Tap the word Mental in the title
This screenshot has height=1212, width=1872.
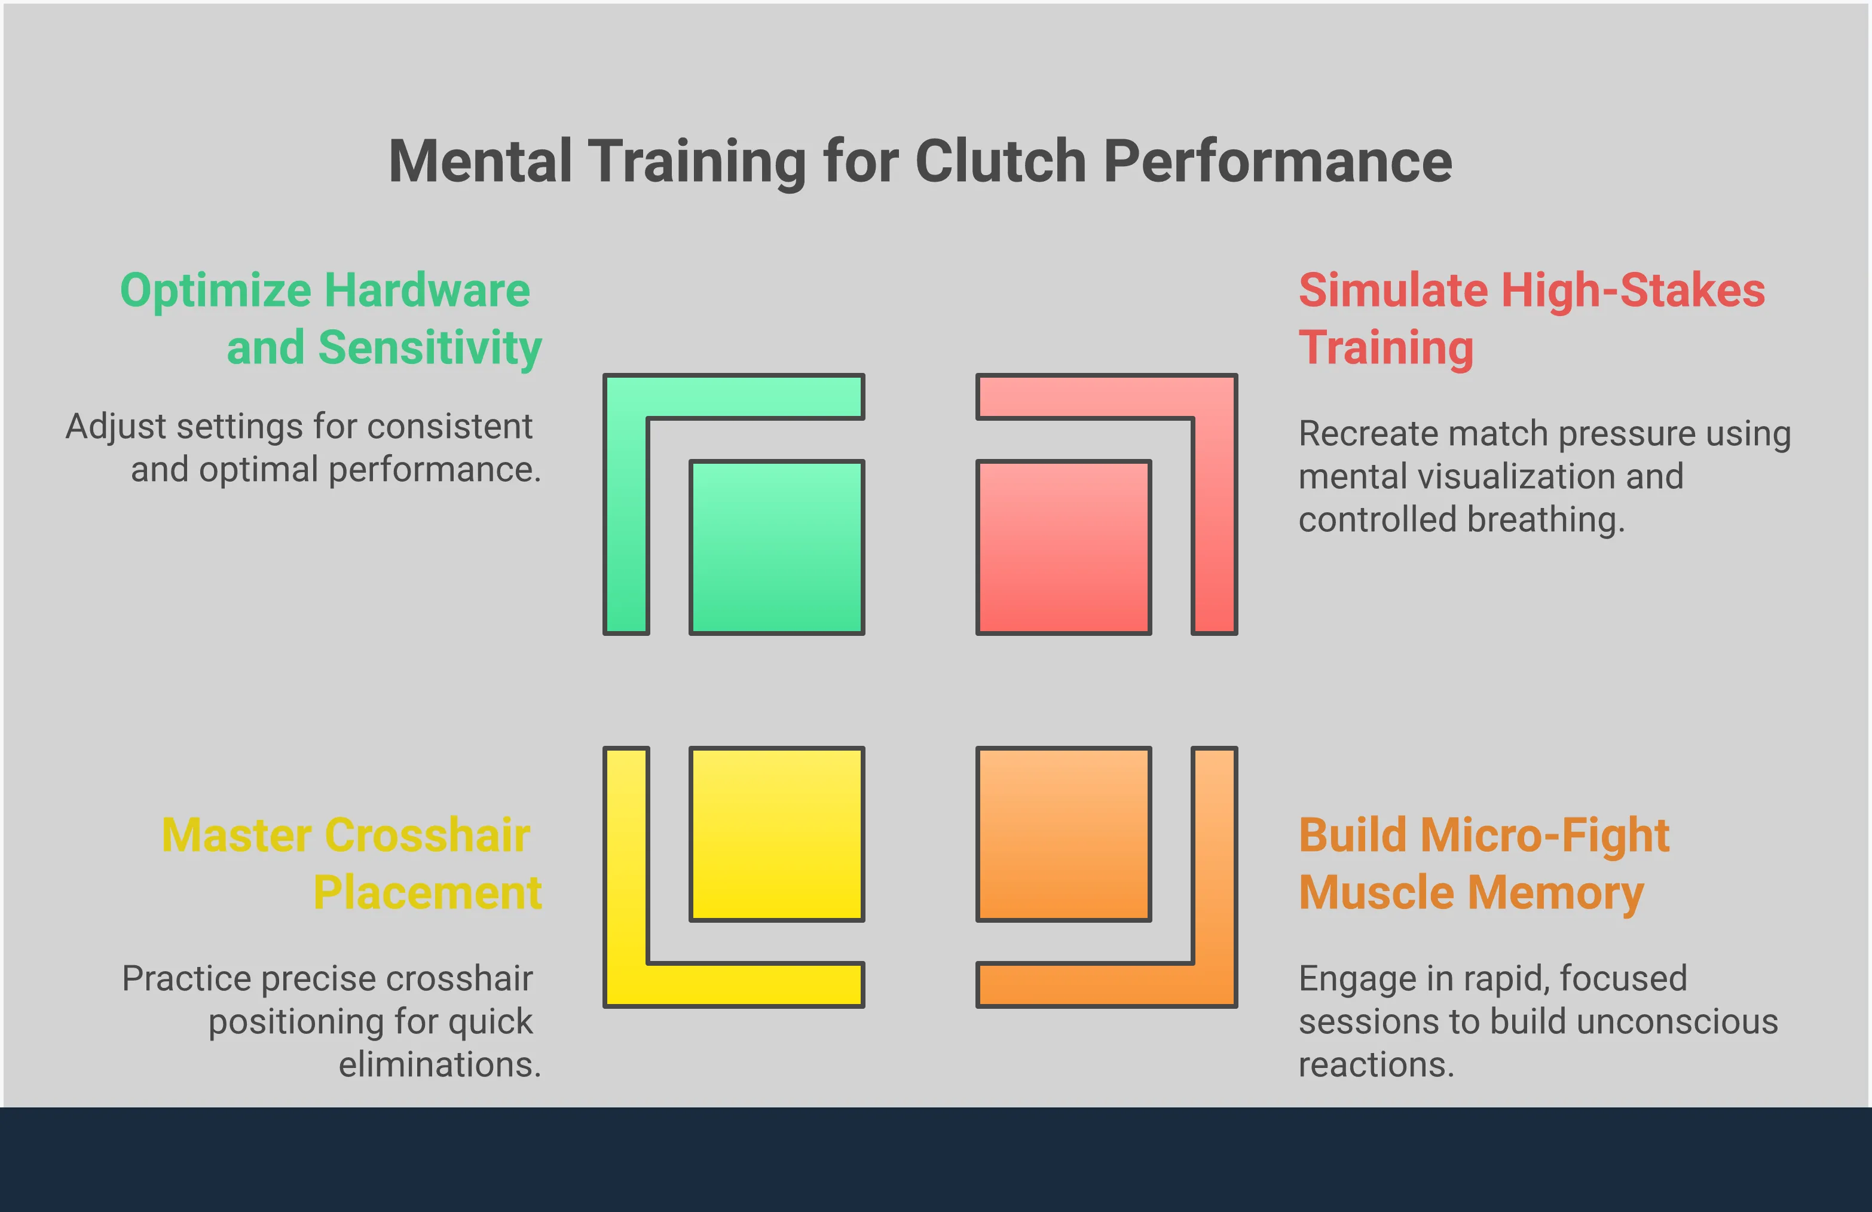481,161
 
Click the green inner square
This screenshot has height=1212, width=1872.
776,547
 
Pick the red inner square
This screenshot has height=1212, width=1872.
1063,547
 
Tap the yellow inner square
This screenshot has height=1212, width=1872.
776,834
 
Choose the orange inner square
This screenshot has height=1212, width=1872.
1063,834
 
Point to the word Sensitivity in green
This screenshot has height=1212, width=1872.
430,348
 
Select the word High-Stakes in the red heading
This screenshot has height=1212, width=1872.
1633,291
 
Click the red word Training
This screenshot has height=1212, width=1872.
1386,348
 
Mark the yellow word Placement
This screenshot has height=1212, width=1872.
428,893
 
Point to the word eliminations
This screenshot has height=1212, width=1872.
441,1065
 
